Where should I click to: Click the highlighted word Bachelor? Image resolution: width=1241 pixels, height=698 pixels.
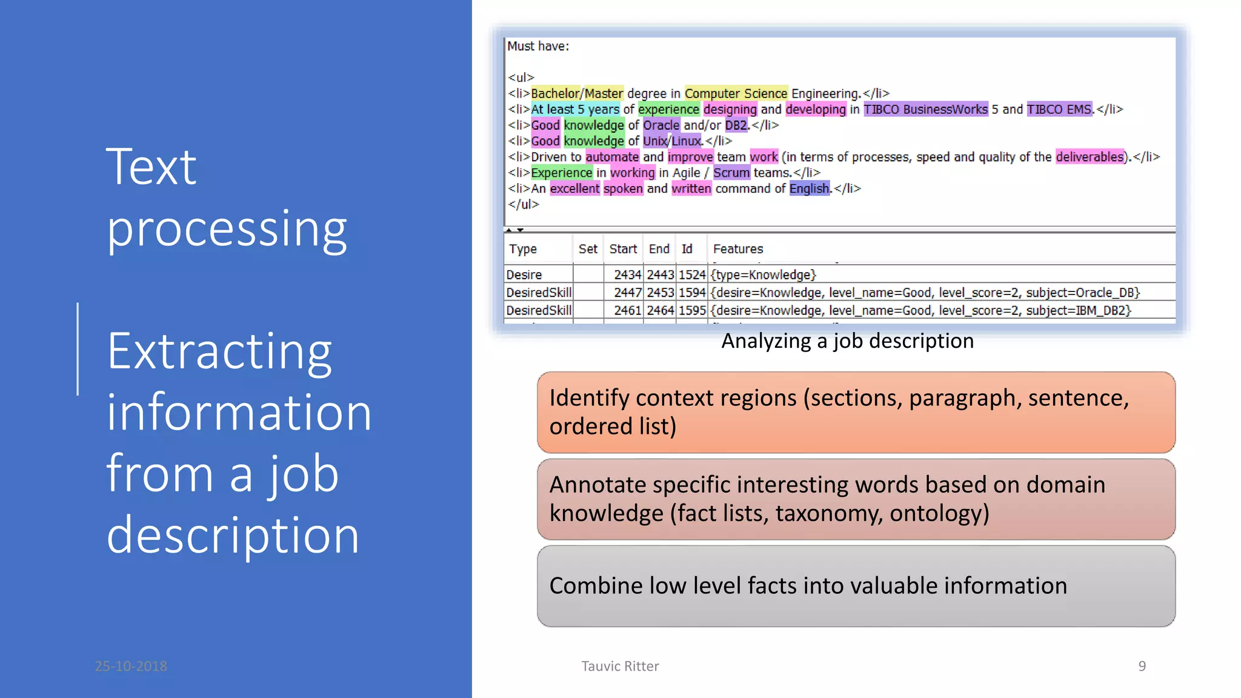555,93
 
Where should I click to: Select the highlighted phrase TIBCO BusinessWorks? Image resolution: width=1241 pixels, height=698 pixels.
925,109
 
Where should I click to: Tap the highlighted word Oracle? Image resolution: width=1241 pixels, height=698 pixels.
660,125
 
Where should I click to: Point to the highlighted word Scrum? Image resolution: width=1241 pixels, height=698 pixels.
731,173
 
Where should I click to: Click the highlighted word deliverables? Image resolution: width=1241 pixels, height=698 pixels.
1089,157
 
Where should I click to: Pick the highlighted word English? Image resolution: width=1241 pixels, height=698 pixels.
809,188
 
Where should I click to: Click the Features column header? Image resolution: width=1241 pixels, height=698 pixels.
737,249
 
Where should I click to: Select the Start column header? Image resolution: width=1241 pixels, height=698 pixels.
622,249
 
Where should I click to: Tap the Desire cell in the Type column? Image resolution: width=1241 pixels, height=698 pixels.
524,275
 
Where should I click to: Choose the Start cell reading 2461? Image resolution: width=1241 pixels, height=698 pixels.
627,310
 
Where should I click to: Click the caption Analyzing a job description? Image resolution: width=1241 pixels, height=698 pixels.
847,341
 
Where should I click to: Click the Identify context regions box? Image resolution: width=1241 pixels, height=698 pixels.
856,412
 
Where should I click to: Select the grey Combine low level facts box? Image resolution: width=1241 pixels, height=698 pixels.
856,586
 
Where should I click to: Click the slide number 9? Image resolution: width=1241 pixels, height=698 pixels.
1142,666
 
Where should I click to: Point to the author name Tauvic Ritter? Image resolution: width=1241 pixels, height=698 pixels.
620,666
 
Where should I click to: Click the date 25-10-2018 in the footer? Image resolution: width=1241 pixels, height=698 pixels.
131,666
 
